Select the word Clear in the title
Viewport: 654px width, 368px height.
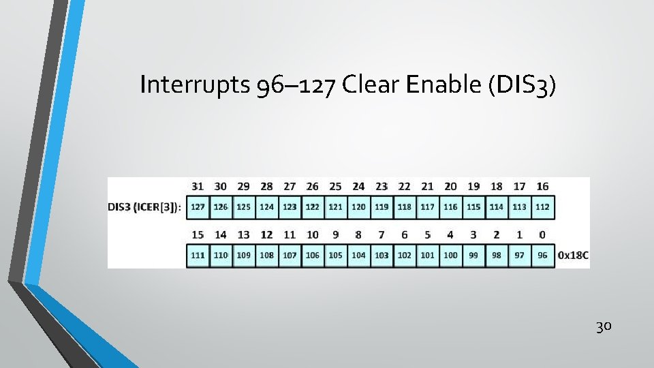point(371,85)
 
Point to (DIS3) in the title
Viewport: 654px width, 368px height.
point(523,85)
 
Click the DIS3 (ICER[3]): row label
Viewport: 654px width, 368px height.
point(145,207)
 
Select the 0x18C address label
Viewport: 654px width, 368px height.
point(573,256)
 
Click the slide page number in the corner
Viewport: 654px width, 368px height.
point(604,326)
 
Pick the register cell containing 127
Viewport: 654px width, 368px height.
point(198,207)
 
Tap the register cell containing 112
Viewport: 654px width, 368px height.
point(542,207)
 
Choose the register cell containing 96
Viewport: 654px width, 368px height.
point(542,256)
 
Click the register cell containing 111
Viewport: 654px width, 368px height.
point(198,256)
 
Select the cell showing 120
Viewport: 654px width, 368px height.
point(359,207)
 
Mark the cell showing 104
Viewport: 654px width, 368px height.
point(359,256)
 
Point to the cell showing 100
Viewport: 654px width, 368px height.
point(450,256)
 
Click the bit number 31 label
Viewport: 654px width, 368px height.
point(198,186)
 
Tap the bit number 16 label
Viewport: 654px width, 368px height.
point(542,186)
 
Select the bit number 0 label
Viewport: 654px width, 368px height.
point(542,234)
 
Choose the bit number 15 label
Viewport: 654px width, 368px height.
point(198,234)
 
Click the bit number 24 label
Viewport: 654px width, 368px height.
point(358,186)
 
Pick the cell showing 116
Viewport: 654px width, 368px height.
point(450,207)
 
